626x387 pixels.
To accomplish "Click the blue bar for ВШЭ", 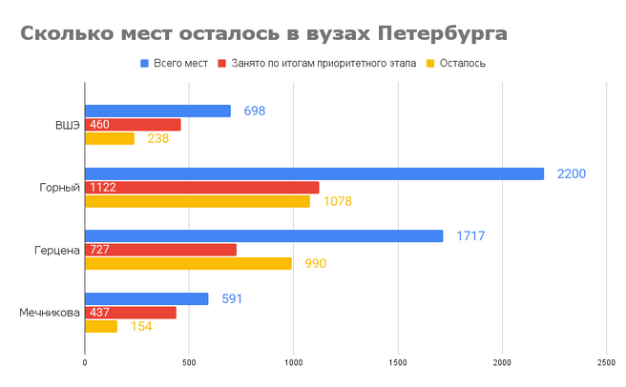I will pyautogui.click(x=157, y=111).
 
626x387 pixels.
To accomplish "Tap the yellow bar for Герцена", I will pyautogui.click(x=188, y=264).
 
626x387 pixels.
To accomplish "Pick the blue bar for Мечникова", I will pyautogui.click(x=146, y=298).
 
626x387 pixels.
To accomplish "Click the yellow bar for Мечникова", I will pyautogui.click(x=101, y=326).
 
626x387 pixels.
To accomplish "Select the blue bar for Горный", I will pyautogui.click(x=314, y=173).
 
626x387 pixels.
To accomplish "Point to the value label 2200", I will pyautogui.click(x=572, y=173).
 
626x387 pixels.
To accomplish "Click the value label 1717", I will pyautogui.click(x=470, y=235).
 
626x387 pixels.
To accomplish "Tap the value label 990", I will pyautogui.click(x=315, y=264).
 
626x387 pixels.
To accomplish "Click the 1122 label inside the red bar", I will pyautogui.click(x=102, y=188).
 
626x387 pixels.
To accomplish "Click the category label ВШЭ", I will pyautogui.click(x=67, y=125).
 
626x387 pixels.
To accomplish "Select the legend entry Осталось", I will pyautogui.click(x=463, y=64).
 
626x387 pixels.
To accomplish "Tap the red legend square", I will pyautogui.click(x=222, y=64).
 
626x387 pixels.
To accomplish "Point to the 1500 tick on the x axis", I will pyautogui.click(x=398, y=363).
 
